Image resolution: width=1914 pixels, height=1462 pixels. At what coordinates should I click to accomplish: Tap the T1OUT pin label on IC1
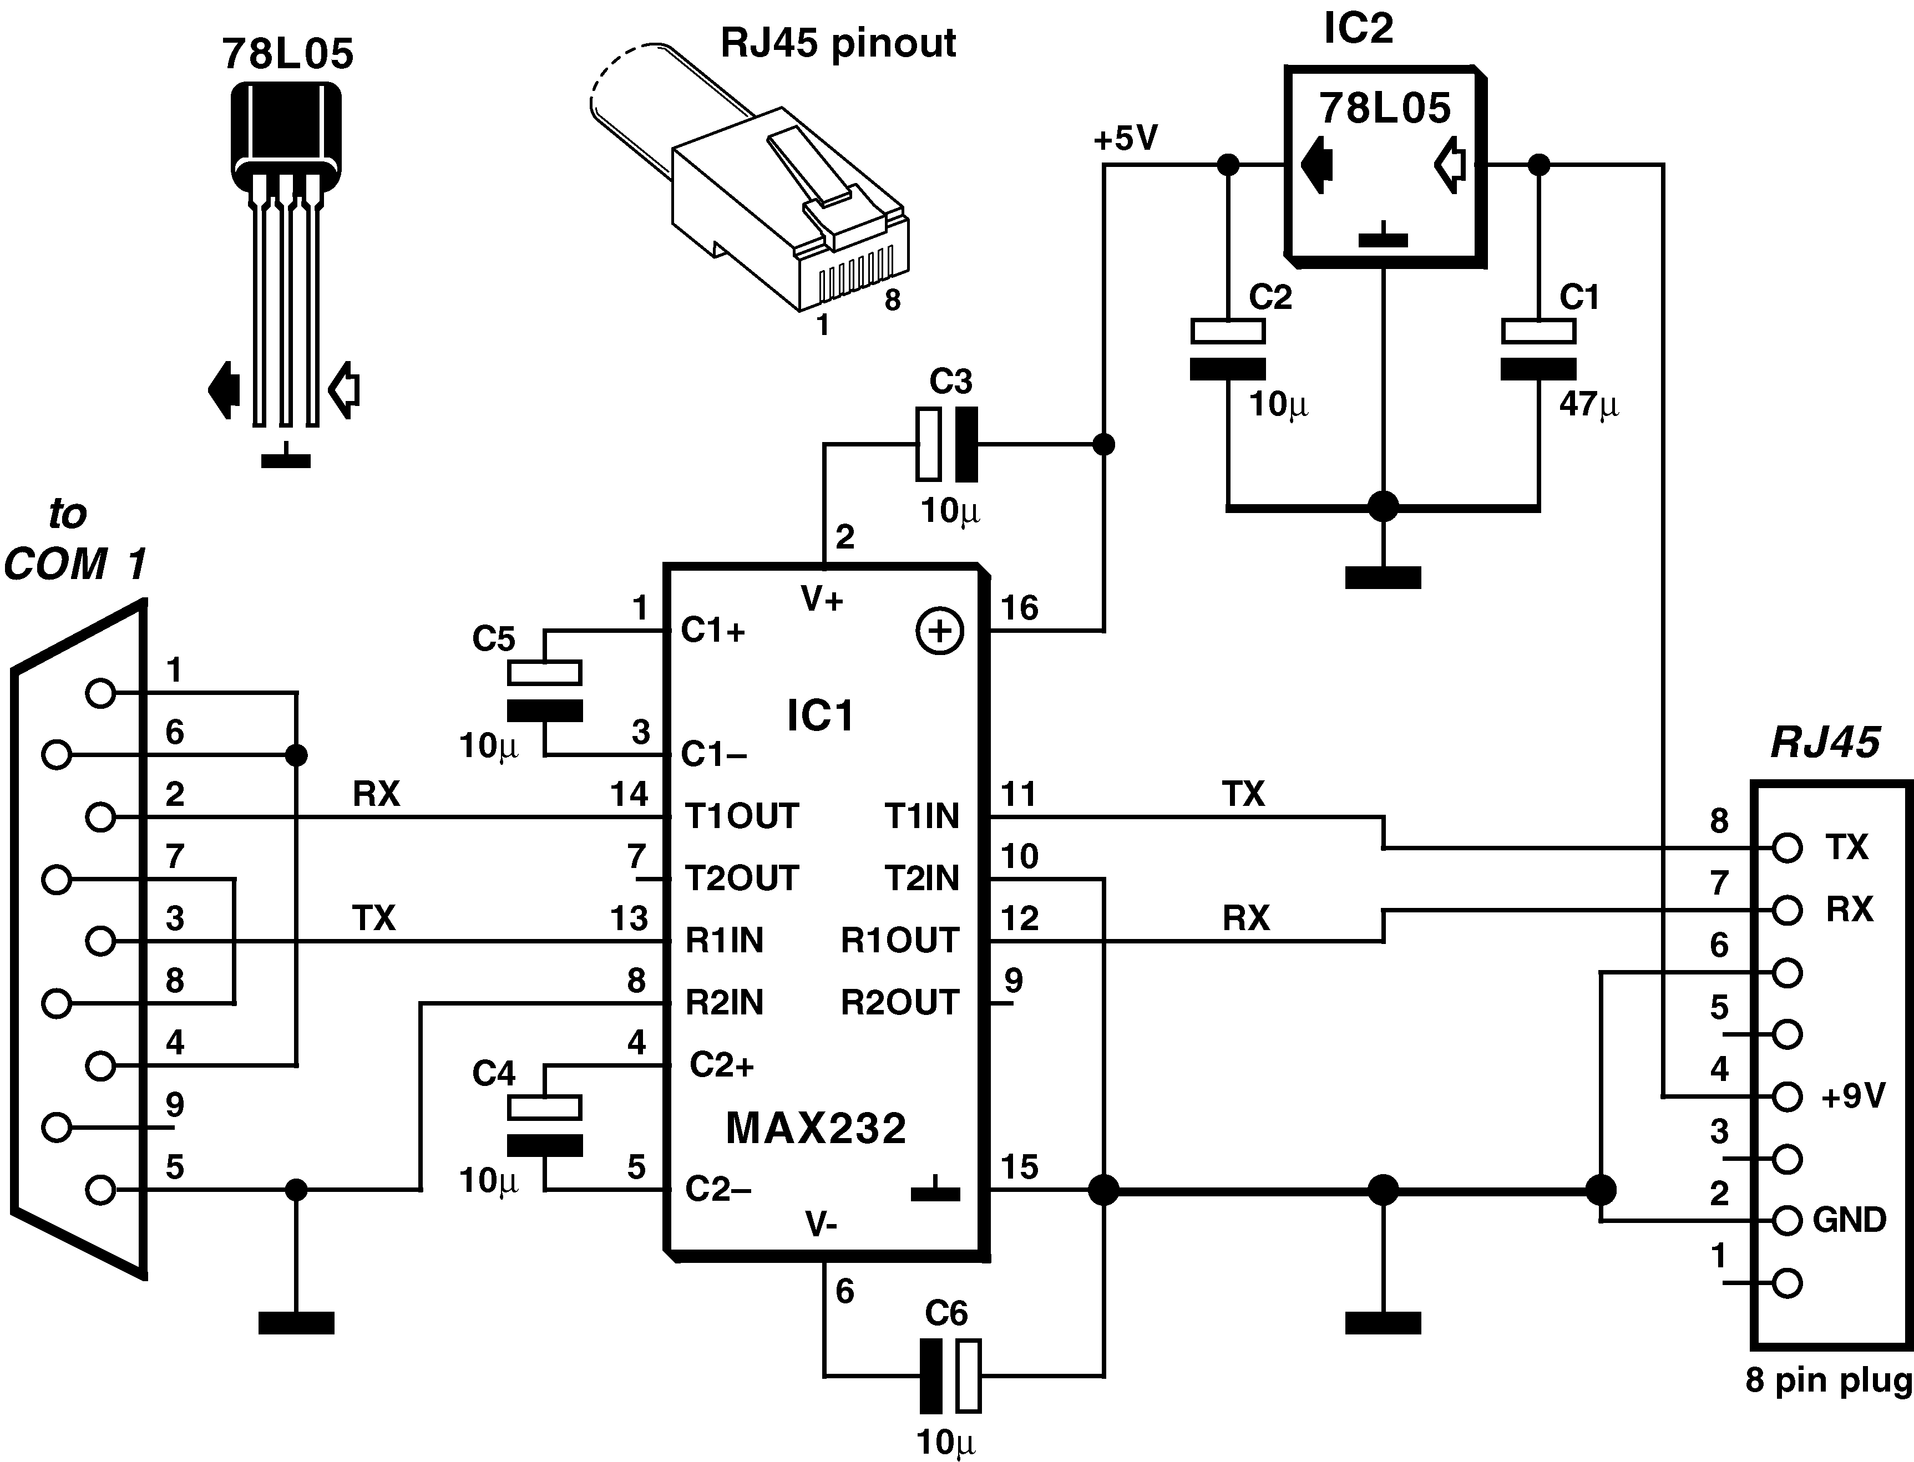point(742,816)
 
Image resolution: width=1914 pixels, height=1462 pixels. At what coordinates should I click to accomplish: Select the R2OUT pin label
point(899,1003)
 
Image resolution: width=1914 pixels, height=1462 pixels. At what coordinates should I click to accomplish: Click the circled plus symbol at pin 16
point(940,631)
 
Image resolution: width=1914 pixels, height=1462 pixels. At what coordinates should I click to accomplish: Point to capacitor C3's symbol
point(946,445)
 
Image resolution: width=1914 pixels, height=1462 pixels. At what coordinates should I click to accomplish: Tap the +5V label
point(1126,138)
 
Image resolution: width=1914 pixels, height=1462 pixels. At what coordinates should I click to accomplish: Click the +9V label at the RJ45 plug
point(1853,1095)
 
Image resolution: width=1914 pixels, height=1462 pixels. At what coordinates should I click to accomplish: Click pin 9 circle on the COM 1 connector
point(57,1128)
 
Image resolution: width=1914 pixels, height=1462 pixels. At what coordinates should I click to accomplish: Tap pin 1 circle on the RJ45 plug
point(1787,1283)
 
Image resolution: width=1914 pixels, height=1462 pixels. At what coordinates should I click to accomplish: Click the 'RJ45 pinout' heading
point(838,43)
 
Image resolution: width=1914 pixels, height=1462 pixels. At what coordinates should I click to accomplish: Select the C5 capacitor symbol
point(545,692)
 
